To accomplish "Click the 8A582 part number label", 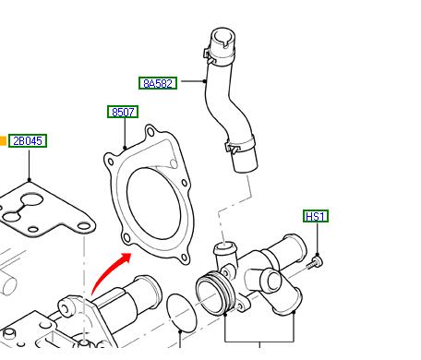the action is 158,83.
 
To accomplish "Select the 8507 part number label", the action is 123,112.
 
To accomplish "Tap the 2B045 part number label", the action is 28,141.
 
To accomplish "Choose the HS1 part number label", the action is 316,216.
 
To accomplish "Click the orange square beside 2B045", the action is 3,141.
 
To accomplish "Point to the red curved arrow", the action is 109,270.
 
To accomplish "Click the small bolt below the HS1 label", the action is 316,263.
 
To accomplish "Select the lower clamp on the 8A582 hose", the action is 240,145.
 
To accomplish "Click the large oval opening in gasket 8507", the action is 154,203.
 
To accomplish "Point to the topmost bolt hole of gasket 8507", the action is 150,132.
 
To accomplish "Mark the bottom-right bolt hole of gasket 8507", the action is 184,258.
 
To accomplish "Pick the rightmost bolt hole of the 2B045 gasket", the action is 84,227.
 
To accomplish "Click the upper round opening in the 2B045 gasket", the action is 32,200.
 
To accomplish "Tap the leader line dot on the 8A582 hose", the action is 205,81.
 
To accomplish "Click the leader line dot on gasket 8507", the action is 125,148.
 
